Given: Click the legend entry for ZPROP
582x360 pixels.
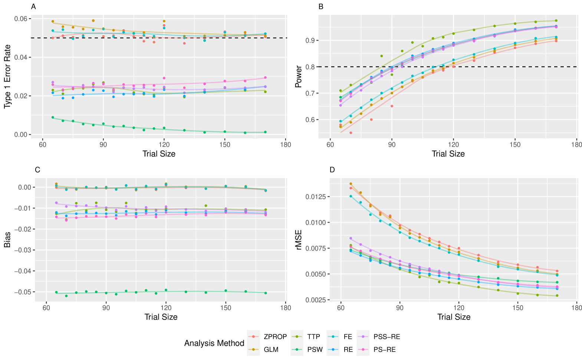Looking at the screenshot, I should pos(275,337).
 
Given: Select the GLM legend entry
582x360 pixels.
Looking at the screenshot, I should pos(271,350).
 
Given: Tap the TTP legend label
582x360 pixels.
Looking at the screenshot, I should pos(313,337).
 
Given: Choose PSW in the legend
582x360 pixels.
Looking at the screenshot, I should pos(315,350).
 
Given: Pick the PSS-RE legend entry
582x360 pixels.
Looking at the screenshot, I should pos(387,337).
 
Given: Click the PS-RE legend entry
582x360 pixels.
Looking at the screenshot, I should pos(385,350).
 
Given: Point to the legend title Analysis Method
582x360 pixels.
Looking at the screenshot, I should pos(214,343).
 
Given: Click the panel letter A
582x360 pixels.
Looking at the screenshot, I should pos(33,7).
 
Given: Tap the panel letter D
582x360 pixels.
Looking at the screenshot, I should pos(332,170).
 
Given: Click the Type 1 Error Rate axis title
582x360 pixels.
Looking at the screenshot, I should pos(7,77).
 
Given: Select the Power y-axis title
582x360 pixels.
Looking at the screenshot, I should pos(298,77).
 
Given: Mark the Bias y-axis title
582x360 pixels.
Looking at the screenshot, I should pos(7,240).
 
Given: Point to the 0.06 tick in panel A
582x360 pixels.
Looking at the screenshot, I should pos(20,19).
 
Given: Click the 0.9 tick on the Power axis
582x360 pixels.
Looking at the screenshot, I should pos(310,40).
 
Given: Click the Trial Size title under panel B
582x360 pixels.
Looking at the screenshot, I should pos(448,154).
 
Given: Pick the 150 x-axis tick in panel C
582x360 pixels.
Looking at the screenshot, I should pos(226,308).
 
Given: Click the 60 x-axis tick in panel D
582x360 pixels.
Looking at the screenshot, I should pos(341,308).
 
